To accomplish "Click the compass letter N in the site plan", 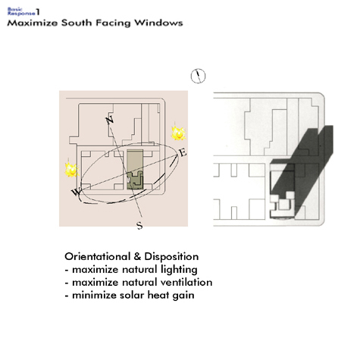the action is (x=110, y=120).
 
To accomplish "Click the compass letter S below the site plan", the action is (x=139, y=225).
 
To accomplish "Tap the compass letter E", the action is (x=183, y=152).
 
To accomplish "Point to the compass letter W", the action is (x=76, y=192).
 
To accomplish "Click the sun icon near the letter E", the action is (x=178, y=133).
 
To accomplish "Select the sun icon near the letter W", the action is (x=72, y=170).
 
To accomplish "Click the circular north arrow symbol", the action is (x=198, y=76).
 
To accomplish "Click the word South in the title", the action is (x=77, y=23).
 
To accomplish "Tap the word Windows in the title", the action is (x=158, y=23).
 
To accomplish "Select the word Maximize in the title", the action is (x=33, y=23).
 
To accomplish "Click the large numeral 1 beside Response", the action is (x=38, y=12).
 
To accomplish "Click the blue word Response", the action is (x=21, y=13).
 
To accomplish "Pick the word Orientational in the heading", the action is (x=98, y=257).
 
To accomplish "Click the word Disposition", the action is (x=171, y=257).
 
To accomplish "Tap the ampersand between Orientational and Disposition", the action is (x=137, y=257).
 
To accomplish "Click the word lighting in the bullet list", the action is (x=179, y=270).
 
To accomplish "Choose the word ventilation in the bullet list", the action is (x=186, y=283).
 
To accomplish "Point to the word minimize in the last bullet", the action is (x=94, y=296).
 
